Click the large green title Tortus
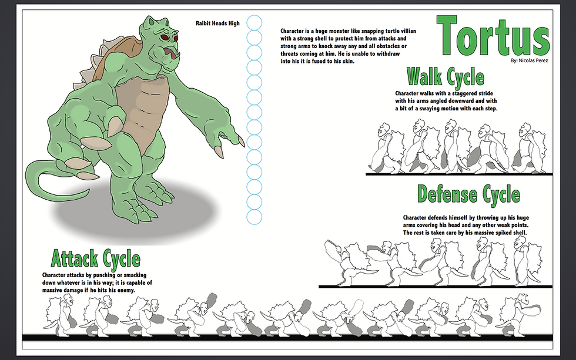pyautogui.click(x=493, y=36)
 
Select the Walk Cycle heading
pyautogui.click(x=446, y=77)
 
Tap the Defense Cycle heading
pyautogui.click(x=469, y=194)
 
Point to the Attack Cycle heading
pyautogui.click(x=95, y=258)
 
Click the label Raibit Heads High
pyautogui.click(x=217, y=23)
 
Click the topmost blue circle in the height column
pyautogui.click(x=254, y=22)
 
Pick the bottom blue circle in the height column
pyautogui.click(x=254, y=217)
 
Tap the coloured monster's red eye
pyautogui.click(x=164, y=37)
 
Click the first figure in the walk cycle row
pyautogui.click(x=386, y=148)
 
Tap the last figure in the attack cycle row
pyautogui.click(x=518, y=315)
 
